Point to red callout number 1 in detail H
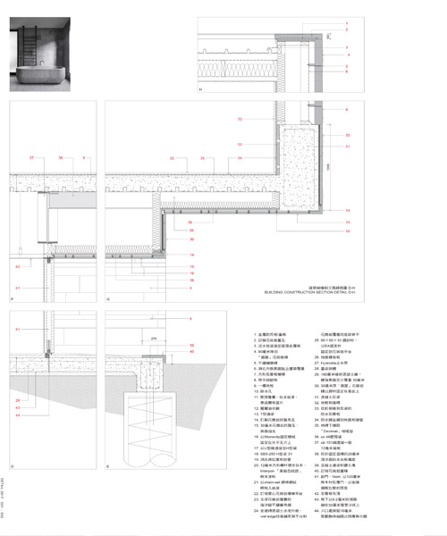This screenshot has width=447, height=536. pyautogui.click(x=348, y=46)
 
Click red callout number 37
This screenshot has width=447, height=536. pyautogui.click(x=32, y=157)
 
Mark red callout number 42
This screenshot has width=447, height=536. pyautogui.click(x=18, y=266)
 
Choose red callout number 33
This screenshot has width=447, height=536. pyautogui.click(x=240, y=119)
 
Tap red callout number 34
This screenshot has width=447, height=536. pyautogui.click(x=240, y=157)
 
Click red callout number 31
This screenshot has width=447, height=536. pyautogui.click(x=348, y=147)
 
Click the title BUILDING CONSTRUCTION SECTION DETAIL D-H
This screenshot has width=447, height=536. pyautogui.click(x=309, y=291)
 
